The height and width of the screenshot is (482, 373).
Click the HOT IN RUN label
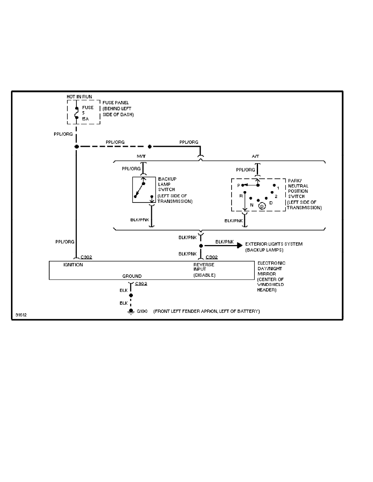79,97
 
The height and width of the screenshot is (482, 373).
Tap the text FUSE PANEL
113,103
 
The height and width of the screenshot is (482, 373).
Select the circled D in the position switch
262,206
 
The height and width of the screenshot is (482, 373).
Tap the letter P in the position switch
239,185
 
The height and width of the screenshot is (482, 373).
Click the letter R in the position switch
241,196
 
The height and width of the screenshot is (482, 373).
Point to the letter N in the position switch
252,205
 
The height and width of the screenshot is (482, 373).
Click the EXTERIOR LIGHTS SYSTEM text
274,244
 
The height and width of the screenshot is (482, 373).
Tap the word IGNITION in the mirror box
74,265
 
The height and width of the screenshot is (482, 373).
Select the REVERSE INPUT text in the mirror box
204,267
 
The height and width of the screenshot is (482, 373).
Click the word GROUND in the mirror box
132,276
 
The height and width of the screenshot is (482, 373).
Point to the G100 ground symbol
131,312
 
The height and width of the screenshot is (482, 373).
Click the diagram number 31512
21,314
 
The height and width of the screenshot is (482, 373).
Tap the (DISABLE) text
204,275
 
